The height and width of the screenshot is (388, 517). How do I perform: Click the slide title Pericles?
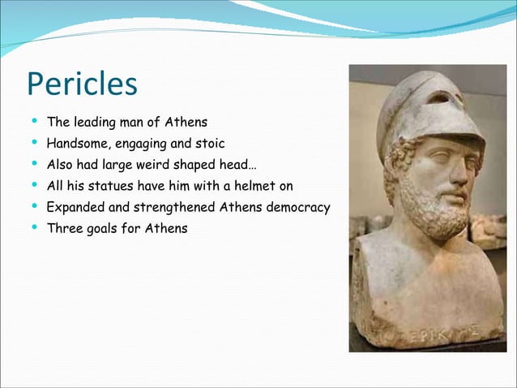[x=82, y=85]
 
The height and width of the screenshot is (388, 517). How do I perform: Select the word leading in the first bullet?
[x=96, y=123]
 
